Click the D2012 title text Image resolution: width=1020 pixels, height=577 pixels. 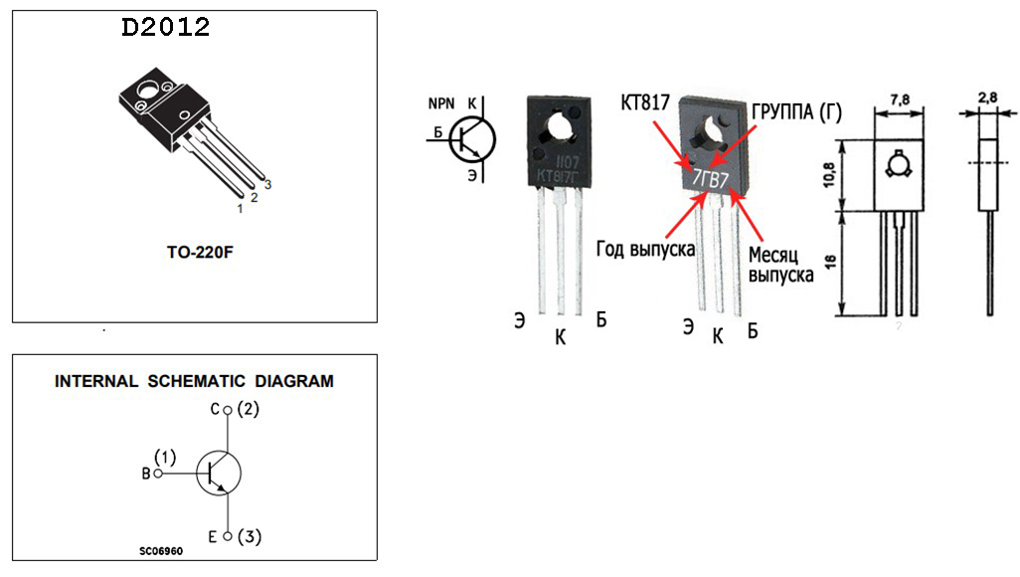pos(166,27)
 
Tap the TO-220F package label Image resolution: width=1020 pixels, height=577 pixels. pos(200,252)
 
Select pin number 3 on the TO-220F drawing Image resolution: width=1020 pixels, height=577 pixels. pos(267,185)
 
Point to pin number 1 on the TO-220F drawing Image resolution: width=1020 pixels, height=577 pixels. pos(240,209)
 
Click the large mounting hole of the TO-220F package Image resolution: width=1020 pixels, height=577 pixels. pos(147,90)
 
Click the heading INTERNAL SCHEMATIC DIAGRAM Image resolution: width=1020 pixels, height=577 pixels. pos(194,381)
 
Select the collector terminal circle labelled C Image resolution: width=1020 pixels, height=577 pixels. pos(228,410)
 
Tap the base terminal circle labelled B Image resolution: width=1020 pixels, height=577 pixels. pos(158,474)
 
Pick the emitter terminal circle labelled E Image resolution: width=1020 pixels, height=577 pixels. pos(228,536)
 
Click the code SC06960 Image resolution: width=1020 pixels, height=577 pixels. pos(161,551)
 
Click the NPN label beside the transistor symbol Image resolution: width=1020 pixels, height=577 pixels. pos(441,104)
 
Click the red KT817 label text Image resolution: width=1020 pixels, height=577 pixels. pos(645,102)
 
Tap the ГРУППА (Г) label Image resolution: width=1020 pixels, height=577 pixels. pos(797,112)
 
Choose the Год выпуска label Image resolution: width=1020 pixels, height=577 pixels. pos(645,249)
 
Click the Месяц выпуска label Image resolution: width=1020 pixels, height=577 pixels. pos(780,265)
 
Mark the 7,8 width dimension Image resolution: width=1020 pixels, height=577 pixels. pos(900,100)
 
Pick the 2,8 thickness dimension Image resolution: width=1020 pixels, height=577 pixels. pos(987,98)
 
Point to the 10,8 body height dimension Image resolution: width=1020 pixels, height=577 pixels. pos(829,174)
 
